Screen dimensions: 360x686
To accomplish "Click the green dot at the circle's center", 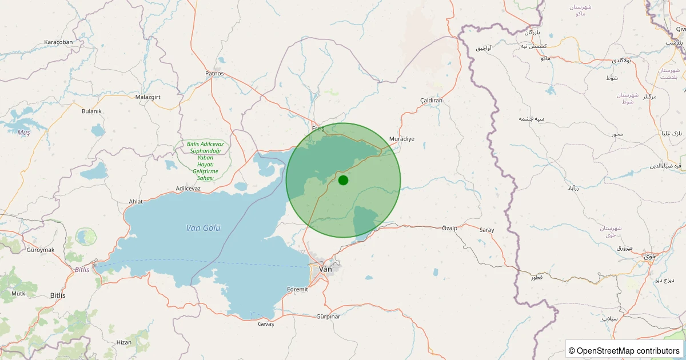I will tap(343, 180).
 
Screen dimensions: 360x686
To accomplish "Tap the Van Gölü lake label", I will tap(203, 228).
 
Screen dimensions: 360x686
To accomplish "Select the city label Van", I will tap(325, 269).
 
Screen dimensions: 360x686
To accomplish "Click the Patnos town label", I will tap(214, 74).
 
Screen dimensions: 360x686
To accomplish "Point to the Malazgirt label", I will tap(149, 97).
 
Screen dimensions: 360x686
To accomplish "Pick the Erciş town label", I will tap(318, 129).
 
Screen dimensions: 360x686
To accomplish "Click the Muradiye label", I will tap(401, 139).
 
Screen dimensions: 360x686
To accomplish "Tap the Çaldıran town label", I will tap(432, 101).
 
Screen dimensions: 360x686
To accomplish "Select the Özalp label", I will tap(450, 228).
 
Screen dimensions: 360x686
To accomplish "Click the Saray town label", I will tap(486, 230).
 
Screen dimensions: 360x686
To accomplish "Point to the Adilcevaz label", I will tap(188, 189).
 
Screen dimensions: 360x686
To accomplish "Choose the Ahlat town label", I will tap(135, 201).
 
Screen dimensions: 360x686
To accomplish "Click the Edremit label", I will tap(298, 289).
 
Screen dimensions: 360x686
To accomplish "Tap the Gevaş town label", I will tap(266, 324).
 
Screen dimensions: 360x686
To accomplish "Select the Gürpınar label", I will tap(328, 317).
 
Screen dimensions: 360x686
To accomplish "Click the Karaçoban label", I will tap(58, 42).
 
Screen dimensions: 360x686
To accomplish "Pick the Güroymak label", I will tap(40, 250).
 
